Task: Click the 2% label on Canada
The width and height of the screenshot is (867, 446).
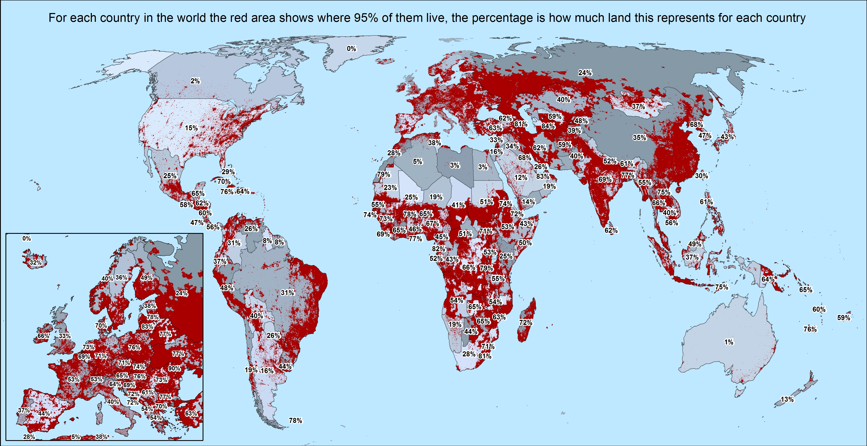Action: pos(195,81)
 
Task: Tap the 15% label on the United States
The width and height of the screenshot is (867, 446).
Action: pos(191,128)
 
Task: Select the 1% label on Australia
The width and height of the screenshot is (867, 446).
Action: pos(729,342)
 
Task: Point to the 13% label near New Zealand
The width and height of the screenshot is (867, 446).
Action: pos(787,400)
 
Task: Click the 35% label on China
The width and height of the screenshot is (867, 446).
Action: pos(639,138)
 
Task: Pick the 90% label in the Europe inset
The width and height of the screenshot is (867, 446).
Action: pos(174,368)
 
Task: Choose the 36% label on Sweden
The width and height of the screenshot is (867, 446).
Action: pos(121,278)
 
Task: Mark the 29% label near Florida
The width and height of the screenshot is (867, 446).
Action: pos(228,172)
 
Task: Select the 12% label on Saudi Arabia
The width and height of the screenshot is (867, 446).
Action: pos(521,178)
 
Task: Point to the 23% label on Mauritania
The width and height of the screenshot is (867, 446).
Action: pos(390,188)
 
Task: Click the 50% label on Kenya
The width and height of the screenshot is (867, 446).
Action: pos(525,243)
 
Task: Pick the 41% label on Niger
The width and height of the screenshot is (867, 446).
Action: pos(458,205)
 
